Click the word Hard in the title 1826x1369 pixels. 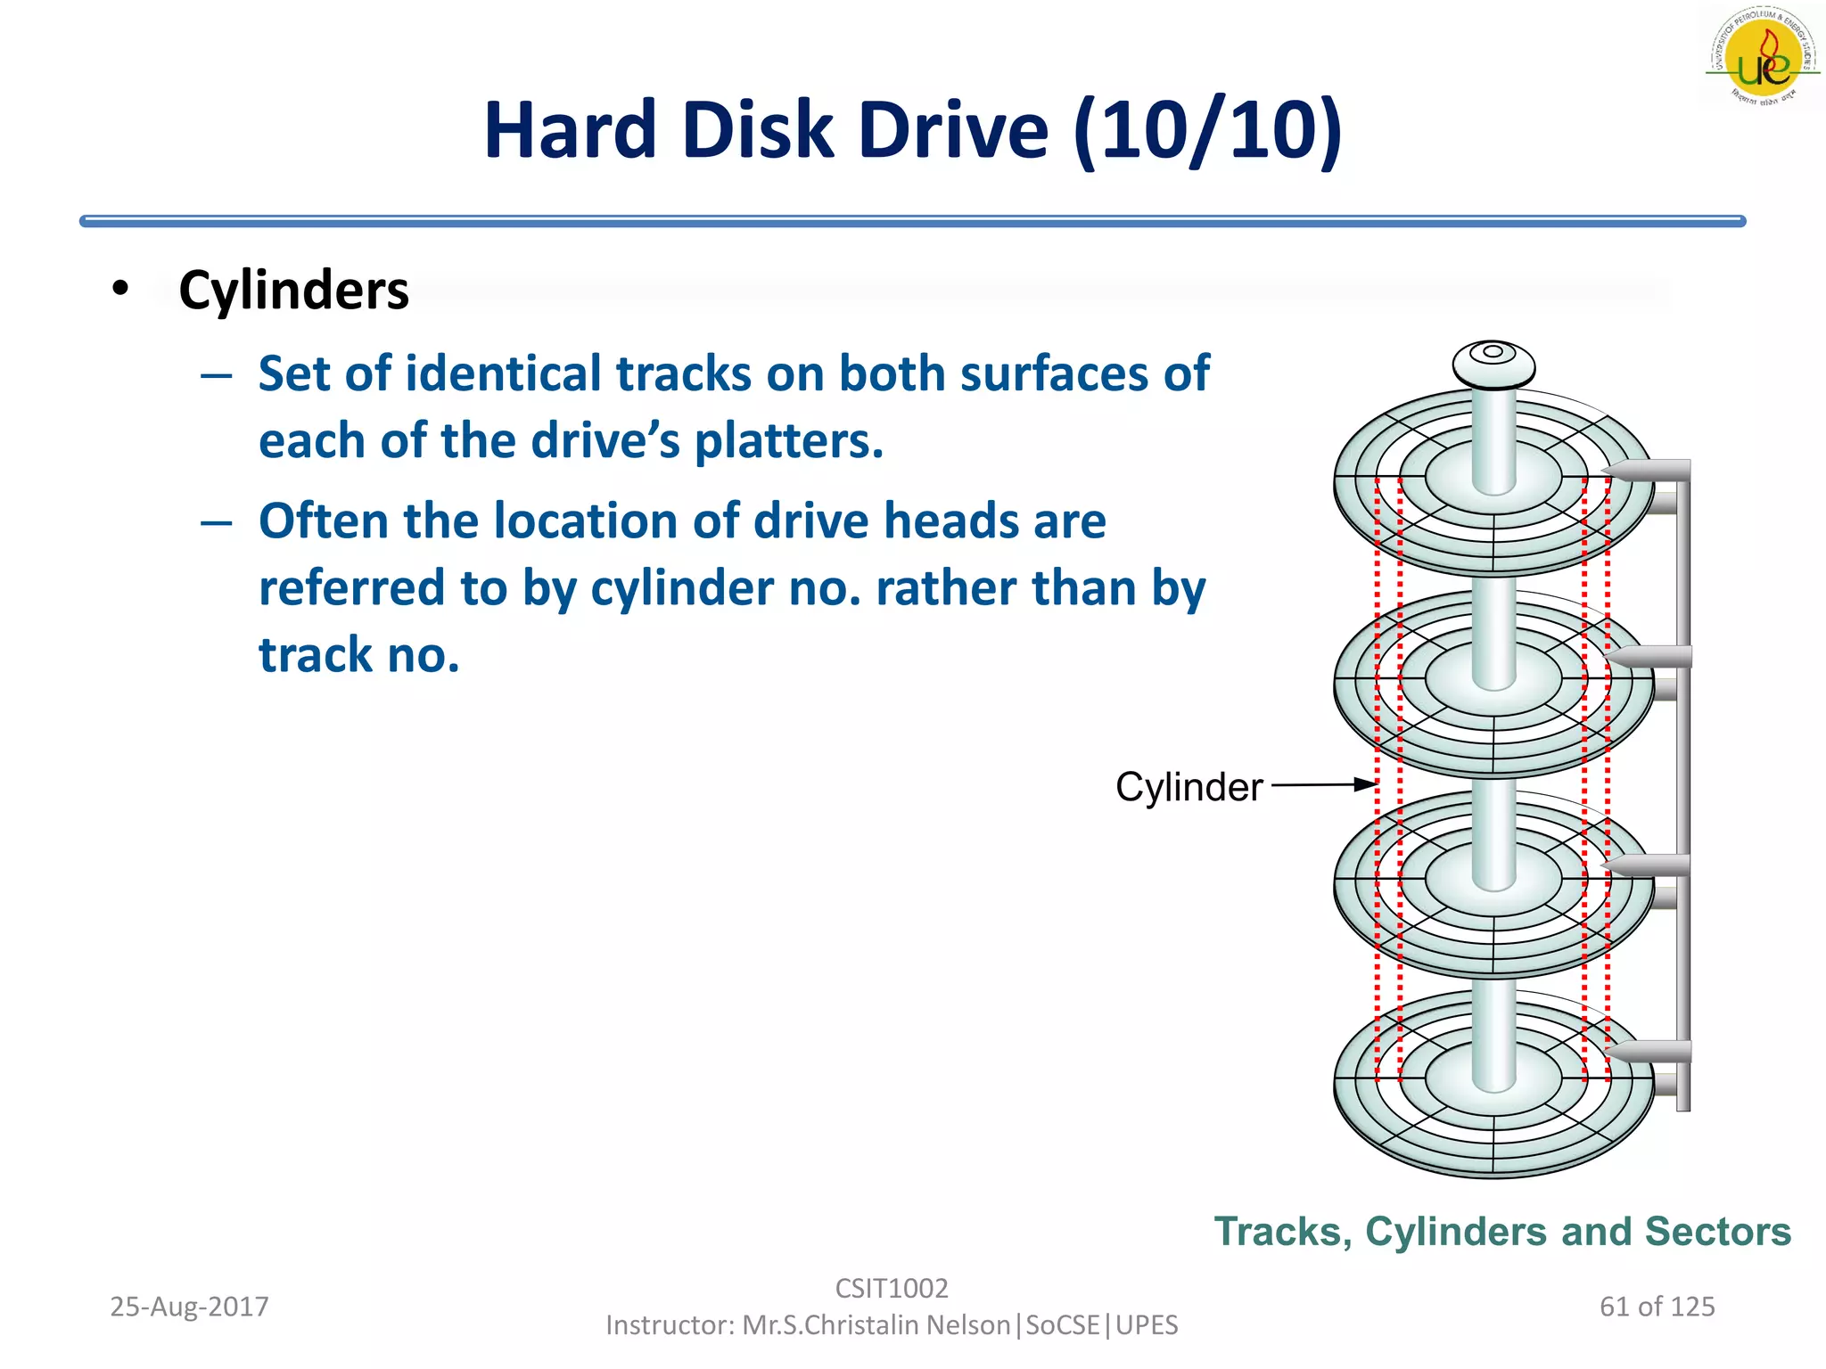click(571, 131)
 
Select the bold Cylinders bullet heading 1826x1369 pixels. click(293, 291)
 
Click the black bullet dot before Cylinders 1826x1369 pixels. click(121, 288)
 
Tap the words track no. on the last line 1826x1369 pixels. click(358, 655)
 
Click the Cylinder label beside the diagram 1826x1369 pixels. click(1189, 787)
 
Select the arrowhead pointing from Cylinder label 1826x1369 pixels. click(1365, 784)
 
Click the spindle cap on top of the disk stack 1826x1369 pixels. click(1493, 364)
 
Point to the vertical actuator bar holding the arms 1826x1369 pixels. click(1683, 784)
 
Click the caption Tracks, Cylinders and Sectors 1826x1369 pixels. click(1502, 1232)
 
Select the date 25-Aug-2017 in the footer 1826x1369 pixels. click(189, 1307)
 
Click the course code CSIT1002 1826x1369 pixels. click(892, 1288)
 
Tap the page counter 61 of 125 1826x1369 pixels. click(1657, 1307)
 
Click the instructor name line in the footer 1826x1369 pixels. click(892, 1325)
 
